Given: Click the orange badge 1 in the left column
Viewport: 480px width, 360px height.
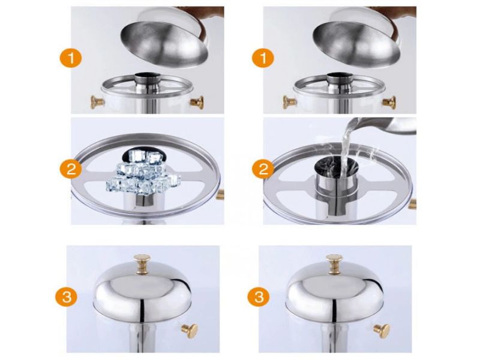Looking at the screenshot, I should pos(71,58).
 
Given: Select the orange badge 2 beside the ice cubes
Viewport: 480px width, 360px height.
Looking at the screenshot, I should pos(71,170).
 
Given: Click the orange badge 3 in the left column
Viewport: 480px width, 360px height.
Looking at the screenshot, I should pos(67,296).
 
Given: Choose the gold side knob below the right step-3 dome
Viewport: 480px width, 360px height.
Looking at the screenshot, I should pos(381,329).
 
